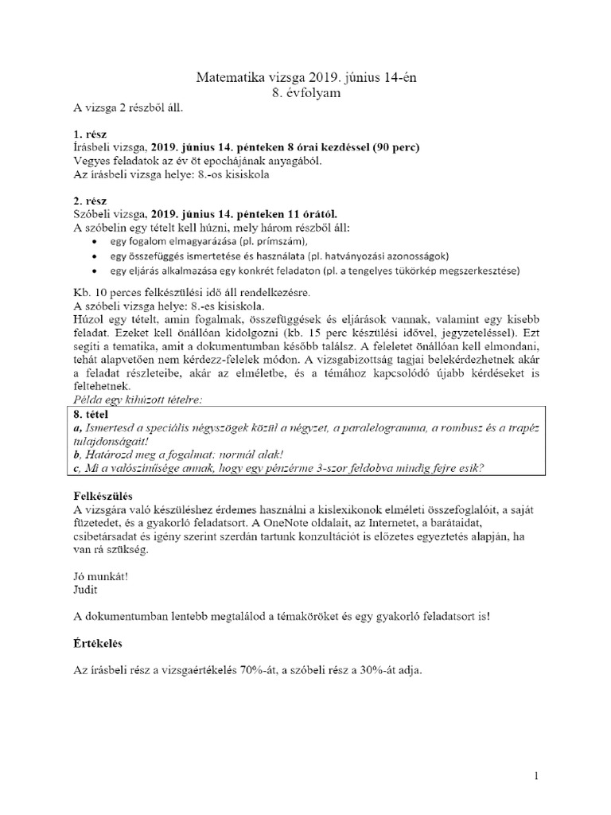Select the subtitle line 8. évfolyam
305,92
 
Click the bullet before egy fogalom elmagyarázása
96,241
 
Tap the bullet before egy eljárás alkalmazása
96,271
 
